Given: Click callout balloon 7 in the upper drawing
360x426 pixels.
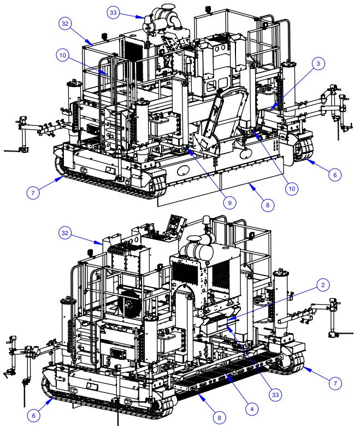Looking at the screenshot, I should pyautogui.click(x=34, y=193).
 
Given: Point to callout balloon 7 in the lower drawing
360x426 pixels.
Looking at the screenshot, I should pyautogui.click(x=334, y=383).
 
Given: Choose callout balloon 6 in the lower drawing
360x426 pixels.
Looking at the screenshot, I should pyautogui.click(x=34, y=416).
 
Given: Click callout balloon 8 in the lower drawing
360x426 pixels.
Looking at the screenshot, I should pyautogui.click(x=219, y=418).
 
